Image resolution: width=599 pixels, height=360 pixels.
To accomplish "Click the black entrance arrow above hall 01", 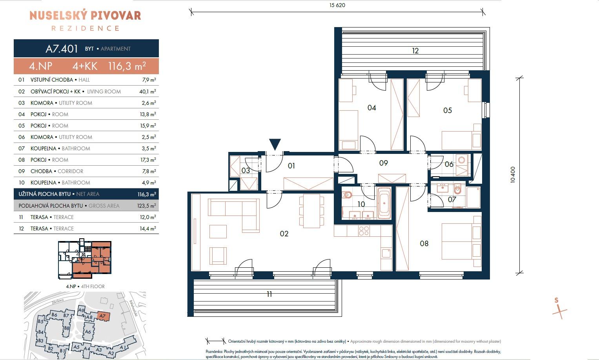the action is pos(275,144).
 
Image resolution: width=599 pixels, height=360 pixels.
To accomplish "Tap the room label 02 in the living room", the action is pos(284,234).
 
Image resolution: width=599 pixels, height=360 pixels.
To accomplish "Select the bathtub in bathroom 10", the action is pos(384,203).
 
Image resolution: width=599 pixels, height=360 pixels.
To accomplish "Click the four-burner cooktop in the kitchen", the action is pos(364,231).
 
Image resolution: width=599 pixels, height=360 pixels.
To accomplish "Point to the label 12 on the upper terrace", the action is pos(415,51).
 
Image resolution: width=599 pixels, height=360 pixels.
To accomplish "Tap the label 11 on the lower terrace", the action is pos(269,294).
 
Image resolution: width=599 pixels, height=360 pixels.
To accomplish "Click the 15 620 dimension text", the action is pos(337,5).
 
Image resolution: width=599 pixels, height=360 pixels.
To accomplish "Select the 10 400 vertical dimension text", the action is pos(513,175).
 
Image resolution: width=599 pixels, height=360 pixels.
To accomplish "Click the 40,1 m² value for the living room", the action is pos(147,91).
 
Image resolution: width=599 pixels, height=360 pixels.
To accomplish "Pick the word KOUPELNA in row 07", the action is pos(43,148).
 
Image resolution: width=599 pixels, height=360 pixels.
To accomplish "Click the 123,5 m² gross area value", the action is pos(147,206).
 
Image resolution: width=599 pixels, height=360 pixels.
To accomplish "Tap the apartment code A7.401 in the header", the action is pos(62,49).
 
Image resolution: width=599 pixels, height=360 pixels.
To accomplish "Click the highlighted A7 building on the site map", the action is pos(103,316).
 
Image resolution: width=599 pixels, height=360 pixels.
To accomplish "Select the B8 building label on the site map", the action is pos(67,328).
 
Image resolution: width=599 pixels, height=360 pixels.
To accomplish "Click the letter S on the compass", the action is pos(557,300).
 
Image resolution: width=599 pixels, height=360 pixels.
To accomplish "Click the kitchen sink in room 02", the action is pos(386,253).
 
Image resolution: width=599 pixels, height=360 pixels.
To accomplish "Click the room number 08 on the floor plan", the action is pos(424,243).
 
